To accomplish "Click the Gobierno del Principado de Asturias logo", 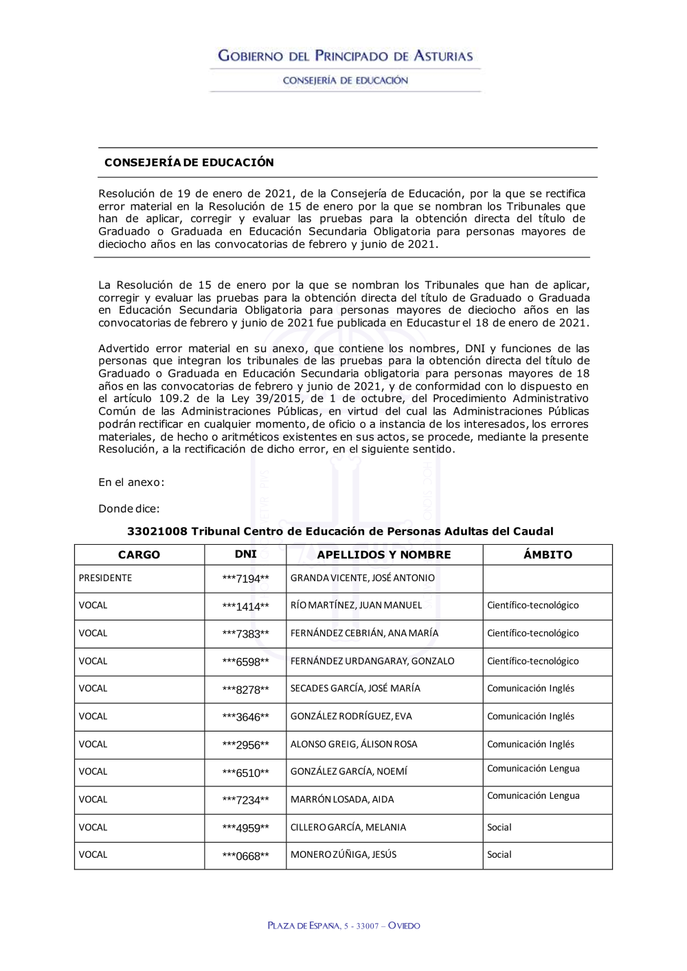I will tap(345, 56).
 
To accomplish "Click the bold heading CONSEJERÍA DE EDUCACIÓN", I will tap(189, 163).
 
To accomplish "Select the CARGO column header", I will tap(139, 554).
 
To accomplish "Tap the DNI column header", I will tap(245, 554).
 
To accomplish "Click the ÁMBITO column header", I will tap(547, 554).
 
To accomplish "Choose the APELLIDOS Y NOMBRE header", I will tap(384, 554).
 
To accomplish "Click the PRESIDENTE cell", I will tap(105, 578).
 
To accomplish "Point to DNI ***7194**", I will tap(245, 578).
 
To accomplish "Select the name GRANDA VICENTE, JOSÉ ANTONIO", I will tap(362, 578).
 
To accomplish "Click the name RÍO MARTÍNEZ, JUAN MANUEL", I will tap(356, 605).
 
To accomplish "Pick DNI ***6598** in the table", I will tap(245, 662).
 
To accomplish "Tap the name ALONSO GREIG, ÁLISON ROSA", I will tap(353, 744).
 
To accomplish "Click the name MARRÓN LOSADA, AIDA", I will tap(342, 799).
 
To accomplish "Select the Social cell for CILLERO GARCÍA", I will tap(499, 827).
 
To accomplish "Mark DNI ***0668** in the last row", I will tap(245, 856).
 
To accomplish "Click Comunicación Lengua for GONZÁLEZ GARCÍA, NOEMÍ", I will tap(533, 769).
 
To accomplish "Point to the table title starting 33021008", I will tap(340, 531).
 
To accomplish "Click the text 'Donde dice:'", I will tap(128, 508).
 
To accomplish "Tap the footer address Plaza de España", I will tap(343, 926).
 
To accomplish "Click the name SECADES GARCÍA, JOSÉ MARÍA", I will tap(355, 688).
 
